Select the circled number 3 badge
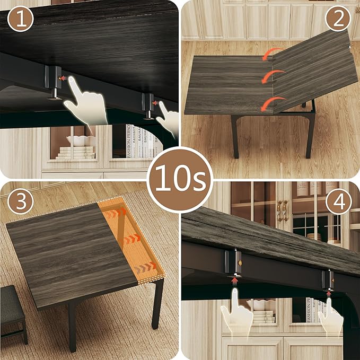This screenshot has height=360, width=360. [21, 202]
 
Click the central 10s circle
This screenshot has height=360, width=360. [180, 180]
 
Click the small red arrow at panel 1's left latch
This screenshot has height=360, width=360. [63, 78]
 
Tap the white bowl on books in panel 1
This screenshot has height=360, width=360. [81, 141]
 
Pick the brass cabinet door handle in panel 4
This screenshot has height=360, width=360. [283, 210]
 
